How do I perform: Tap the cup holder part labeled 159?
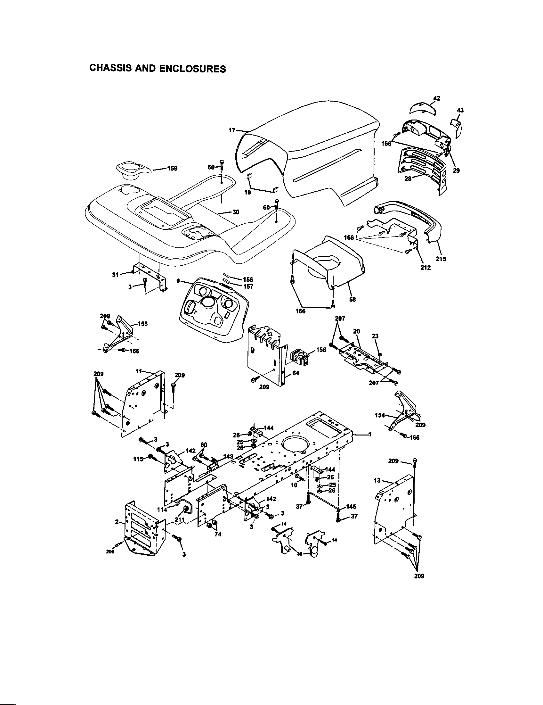coord(131,170)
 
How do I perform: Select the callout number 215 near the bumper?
coord(441,259)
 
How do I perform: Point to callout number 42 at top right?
coord(437,98)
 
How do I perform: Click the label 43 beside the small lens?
coord(460,111)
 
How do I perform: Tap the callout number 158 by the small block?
coord(321,349)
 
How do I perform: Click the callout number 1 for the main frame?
coord(370,435)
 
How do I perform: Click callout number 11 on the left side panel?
coord(138,371)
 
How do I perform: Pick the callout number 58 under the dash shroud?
coord(353,299)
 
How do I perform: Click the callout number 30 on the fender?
coord(236,212)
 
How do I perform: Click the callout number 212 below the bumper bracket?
coord(425,267)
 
